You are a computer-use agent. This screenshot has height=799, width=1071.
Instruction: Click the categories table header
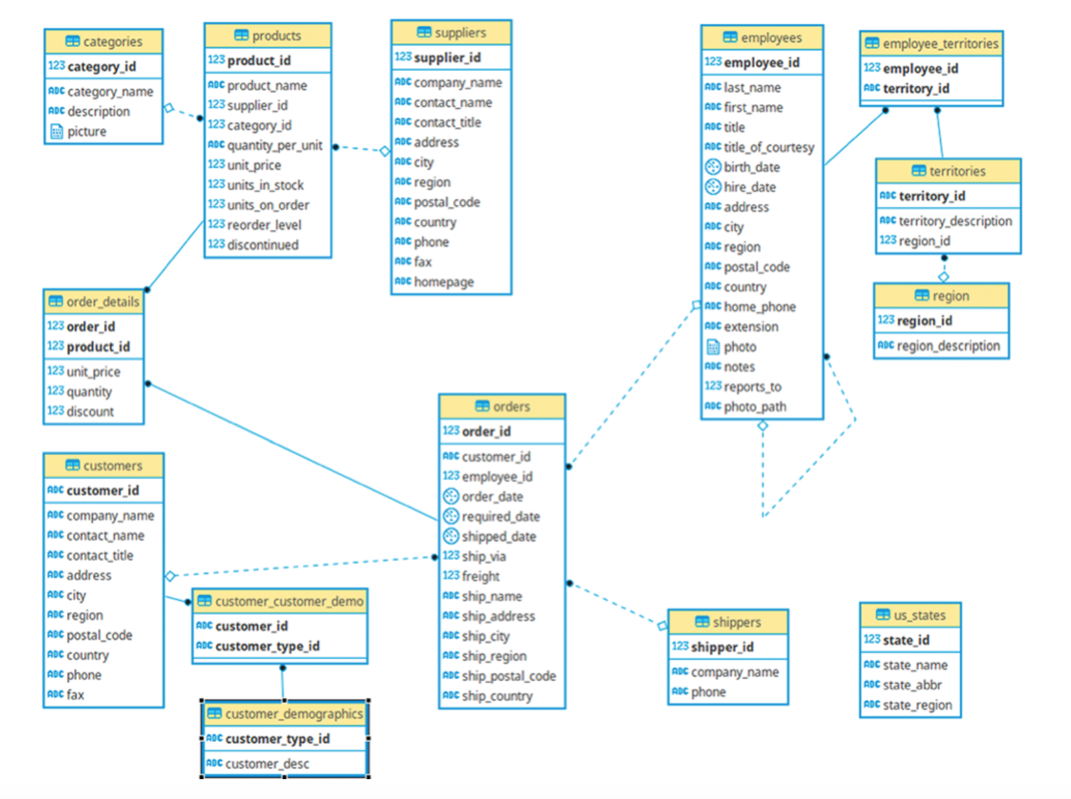(x=103, y=42)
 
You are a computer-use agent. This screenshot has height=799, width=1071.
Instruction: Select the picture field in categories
(x=86, y=132)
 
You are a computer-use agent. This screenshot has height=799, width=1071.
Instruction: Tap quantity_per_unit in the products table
(x=274, y=146)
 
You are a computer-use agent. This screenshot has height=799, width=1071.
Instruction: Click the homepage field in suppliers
(x=443, y=282)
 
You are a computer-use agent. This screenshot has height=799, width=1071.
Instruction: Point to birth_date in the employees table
(x=751, y=168)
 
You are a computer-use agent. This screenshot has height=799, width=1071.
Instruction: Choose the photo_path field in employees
(x=754, y=407)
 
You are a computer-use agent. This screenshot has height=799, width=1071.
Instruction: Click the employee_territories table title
(x=931, y=44)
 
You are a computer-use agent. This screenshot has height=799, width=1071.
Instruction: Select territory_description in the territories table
(x=954, y=221)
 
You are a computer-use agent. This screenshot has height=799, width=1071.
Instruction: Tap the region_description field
(x=948, y=346)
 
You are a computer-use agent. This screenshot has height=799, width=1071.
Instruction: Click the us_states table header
(x=911, y=615)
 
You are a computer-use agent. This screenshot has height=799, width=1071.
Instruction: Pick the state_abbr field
(x=912, y=685)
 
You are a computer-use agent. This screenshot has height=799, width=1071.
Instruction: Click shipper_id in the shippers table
(x=722, y=647)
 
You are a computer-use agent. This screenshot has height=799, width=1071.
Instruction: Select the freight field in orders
(x=480, y=576)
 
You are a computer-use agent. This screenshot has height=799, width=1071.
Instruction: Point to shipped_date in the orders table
(x=498, y=537)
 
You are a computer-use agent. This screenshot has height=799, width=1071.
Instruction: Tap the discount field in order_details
(x=90, y=411)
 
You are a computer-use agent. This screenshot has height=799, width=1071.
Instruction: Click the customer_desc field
(x=266, y=764)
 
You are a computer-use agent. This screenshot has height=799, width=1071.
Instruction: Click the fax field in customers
(x=75, y=695)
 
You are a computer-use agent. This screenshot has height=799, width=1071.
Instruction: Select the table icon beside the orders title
(x=482, y=406)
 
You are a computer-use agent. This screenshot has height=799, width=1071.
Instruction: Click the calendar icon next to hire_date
(x=713, y=187)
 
